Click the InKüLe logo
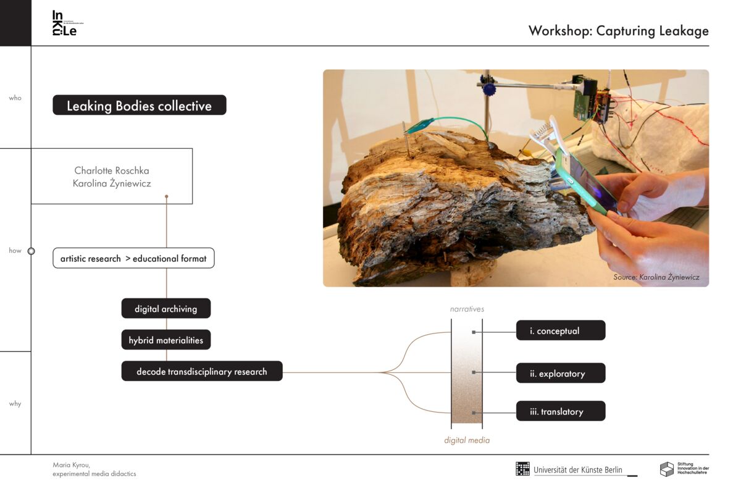[65, 23]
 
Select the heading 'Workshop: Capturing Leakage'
[618, 31]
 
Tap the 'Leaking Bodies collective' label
[139, 106]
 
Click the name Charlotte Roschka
[112, 170]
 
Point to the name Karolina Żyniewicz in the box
[112, 183]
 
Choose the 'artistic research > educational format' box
[133, 258]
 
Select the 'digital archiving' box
[165, 309]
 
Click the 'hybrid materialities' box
[165, 340]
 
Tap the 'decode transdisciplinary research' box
[202, 372]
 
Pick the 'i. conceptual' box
[560, 331]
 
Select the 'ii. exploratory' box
[560, 373]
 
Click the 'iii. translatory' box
[560, 411]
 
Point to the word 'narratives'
[467, 309]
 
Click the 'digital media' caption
[467, 440]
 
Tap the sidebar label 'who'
[15, 98]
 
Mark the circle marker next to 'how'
[31, 251]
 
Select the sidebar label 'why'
[15, 404]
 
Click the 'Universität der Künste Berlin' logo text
[578, 470]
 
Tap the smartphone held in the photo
[584, 179]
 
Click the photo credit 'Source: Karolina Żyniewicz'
[656, 277]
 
